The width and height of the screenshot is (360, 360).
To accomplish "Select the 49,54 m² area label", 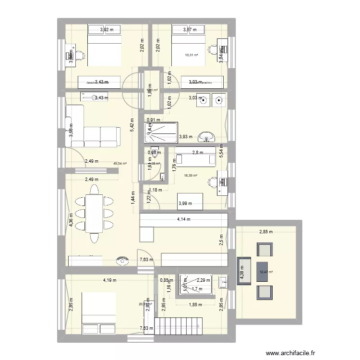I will click(120, 163).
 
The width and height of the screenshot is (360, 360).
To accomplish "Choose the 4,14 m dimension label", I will click(183, 219).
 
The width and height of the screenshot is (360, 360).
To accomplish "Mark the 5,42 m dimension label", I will click(132, 126).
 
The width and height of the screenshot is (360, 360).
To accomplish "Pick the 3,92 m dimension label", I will click(107, 30).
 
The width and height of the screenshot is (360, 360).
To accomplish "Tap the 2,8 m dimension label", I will click(198, 153).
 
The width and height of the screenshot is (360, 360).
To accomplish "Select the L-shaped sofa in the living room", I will click(91, 127).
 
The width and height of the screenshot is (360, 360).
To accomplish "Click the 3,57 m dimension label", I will click(190, 30).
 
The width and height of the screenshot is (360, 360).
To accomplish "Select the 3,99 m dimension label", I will click(185, 204).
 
